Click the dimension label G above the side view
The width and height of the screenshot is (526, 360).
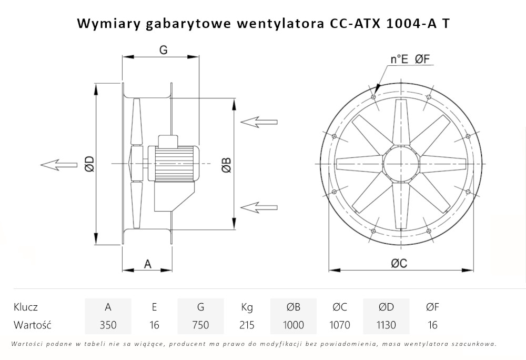[163, 50]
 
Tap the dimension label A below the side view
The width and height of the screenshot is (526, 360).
[148, 264]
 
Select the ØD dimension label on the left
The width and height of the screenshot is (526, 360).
[89, 164]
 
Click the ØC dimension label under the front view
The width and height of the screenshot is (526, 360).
[399, 264]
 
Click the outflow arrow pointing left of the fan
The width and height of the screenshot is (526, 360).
[57, 165]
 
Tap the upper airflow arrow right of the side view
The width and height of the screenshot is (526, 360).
[259, 122]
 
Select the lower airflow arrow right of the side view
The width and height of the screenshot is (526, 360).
[259, 205]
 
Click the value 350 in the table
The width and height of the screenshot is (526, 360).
[108, 325]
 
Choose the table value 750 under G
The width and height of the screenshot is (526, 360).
[200, 325]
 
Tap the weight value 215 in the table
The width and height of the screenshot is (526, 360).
[247, 325]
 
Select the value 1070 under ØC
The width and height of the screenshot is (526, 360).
[339, 325]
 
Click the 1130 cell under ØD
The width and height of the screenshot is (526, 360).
[386, 325]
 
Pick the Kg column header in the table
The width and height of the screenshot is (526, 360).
[247, 307]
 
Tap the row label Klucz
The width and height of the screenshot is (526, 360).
[26, 307]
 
